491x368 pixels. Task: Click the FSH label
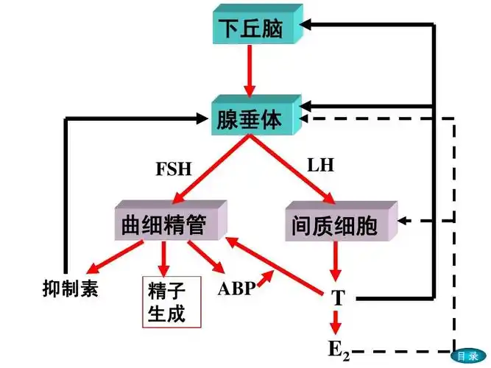[x=174, y=169]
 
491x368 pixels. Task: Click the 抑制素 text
[x=71, y=287]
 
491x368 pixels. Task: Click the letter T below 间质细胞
[x=338, y=298]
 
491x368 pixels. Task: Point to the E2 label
[x=338, y=348]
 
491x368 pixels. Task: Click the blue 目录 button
[x=467, y=355]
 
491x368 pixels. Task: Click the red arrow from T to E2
[x=337, y=322]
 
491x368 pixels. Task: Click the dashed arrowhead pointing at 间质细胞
[x=405, y=220]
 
